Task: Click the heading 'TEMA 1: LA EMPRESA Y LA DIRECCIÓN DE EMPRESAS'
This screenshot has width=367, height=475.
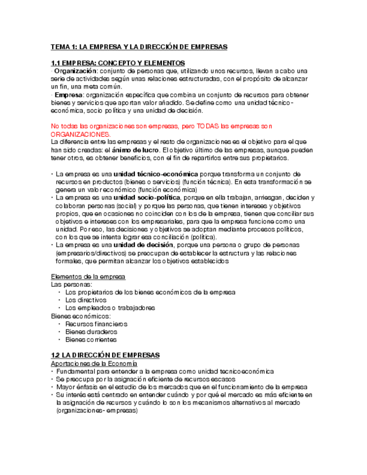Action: coord(139,47)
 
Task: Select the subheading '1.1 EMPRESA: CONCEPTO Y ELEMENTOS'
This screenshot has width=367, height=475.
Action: coord(118,63)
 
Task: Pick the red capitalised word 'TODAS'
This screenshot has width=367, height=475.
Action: coord(229,127)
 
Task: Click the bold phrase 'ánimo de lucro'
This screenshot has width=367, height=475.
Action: coord(137,150)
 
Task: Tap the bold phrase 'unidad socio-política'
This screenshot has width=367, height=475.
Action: coord(147,198)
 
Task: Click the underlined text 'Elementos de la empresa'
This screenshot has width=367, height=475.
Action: coord(88,277)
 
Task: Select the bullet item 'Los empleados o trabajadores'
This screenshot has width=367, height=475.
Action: coord(110,308)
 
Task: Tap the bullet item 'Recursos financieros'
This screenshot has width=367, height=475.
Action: coord(96,324)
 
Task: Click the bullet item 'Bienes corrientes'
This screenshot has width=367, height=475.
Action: coord(91,339)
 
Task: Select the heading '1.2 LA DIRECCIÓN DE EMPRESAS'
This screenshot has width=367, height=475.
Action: coord(105,355)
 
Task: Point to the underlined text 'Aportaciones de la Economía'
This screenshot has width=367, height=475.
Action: coord(94,364)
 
